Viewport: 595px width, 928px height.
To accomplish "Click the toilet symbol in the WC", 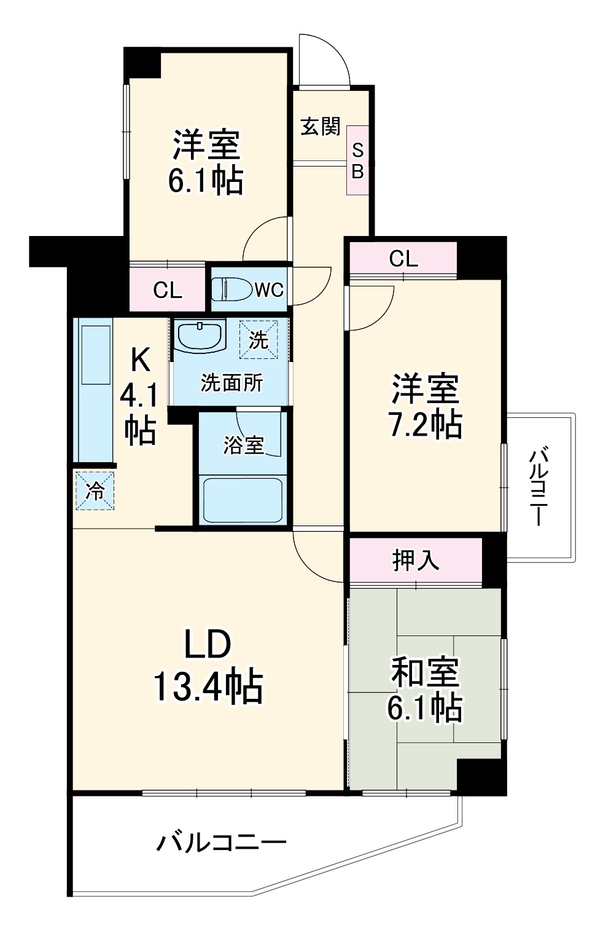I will tap(232, 288).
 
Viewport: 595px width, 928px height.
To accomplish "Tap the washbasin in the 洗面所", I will tap(200, 336).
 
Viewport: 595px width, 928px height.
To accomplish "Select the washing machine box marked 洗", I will tap(259, 339).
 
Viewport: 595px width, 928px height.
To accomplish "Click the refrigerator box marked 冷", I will tap(95, 490).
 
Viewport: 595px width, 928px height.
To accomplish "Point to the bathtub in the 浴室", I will tap(243, 499).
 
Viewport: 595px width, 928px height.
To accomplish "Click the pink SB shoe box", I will tap(357, 160).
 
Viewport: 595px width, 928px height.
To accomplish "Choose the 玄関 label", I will tap(320, 127).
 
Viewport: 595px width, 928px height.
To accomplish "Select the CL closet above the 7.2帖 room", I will tap(403, 259).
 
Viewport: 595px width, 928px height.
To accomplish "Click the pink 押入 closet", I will tap(416, 560).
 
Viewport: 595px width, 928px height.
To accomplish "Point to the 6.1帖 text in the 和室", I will tap(424, 708).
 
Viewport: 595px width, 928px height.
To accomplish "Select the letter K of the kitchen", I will tap(140, 360).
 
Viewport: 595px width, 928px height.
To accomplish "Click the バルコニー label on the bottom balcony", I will tap(221, 842).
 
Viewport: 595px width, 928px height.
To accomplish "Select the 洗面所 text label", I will tap(231, 383).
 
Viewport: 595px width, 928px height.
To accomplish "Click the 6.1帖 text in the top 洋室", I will tap(206, 180).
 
